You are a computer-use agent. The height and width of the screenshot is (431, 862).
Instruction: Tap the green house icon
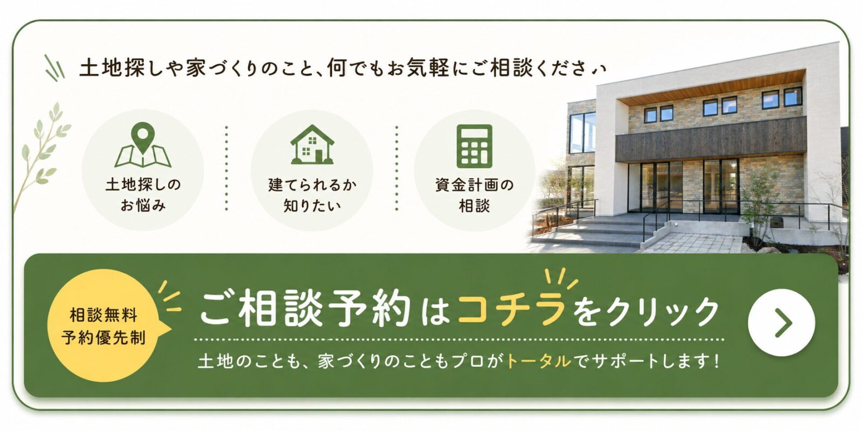tap(312, 145)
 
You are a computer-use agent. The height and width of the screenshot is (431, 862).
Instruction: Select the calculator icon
tap(474, 146)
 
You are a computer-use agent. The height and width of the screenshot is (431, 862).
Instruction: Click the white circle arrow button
tap(782, 323)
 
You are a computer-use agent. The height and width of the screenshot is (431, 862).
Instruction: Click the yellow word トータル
tap(538, 362)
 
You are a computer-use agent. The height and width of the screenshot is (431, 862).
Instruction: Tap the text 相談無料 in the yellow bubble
tap(103, 316)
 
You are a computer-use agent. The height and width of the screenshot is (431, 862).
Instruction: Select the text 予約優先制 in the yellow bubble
tap(103, 337)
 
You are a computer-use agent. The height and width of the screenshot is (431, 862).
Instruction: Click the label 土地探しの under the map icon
tap(143, 185)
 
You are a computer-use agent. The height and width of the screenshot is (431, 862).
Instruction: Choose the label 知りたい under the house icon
tap(312, 206)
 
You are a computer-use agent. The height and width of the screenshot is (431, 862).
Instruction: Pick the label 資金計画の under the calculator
tap(475, 185)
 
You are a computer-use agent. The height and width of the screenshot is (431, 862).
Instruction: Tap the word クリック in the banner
tap(662, 310)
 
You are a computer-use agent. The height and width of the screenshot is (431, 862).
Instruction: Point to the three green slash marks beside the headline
tap(54, 68)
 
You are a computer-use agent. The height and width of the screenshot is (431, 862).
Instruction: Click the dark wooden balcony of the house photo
tap(711, 138)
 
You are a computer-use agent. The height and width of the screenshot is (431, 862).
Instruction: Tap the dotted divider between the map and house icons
tap(227, 168)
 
